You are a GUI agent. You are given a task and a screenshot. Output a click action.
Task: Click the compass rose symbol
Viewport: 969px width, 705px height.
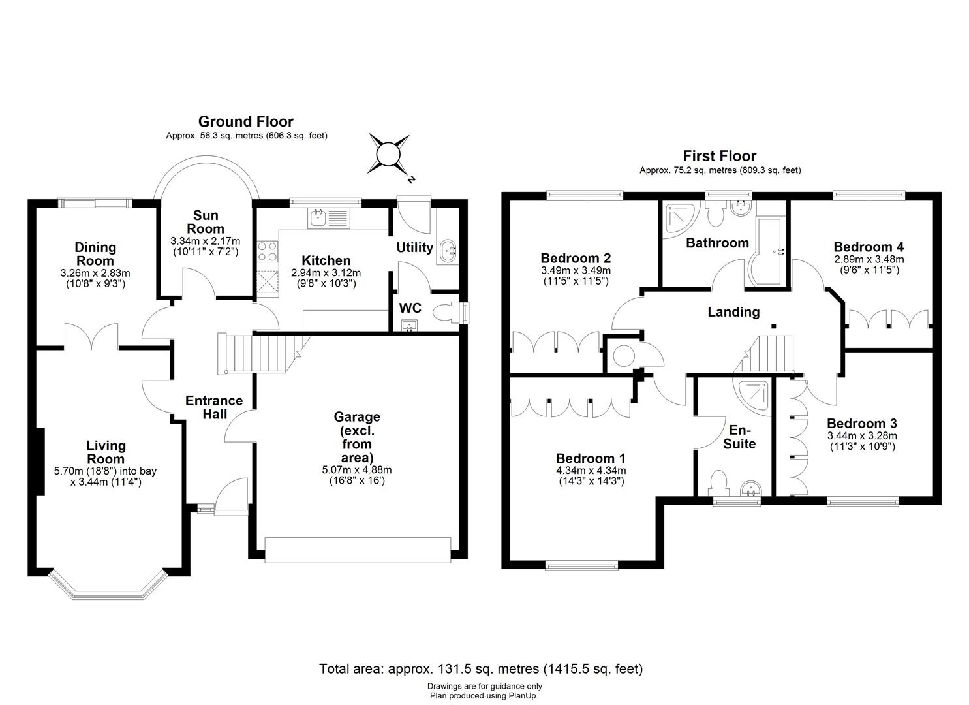[389, 155]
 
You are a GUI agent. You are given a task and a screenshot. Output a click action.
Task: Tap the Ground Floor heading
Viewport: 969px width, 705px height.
[245, 121]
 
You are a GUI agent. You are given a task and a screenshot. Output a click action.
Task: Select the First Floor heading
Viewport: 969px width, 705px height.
[719, 156]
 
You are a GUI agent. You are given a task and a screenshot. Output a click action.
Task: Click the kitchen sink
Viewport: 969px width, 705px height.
[319, 217]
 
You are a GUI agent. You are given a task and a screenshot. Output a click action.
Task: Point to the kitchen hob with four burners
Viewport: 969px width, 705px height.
[268, 251]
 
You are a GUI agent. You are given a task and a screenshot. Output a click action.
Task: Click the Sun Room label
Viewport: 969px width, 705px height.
[206, 222]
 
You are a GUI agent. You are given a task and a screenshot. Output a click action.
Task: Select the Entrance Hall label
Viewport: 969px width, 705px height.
[213, 407]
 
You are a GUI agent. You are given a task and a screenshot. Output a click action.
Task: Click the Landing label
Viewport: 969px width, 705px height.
[733, 312]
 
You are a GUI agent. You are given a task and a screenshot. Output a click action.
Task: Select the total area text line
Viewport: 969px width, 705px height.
[481, 669]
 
